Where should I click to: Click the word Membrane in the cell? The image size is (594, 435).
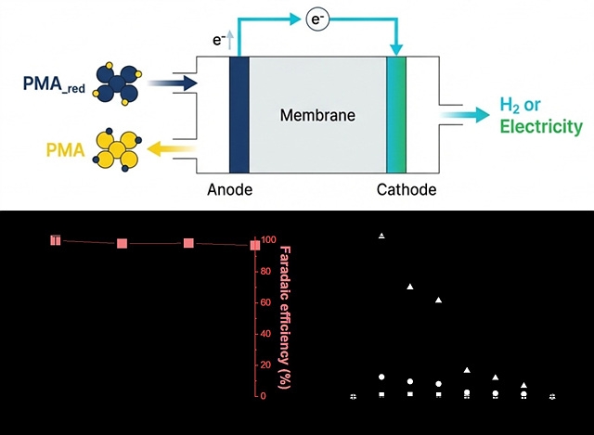(311, 116)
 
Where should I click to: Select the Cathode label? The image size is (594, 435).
(406, 191)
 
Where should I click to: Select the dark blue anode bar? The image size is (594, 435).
(239, 115)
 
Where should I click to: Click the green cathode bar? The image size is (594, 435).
(397, 115)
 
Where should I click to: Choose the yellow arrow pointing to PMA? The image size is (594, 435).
(177, 146)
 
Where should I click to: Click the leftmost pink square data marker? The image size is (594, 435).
(56, 240)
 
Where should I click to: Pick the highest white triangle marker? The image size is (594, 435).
(381, 237)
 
